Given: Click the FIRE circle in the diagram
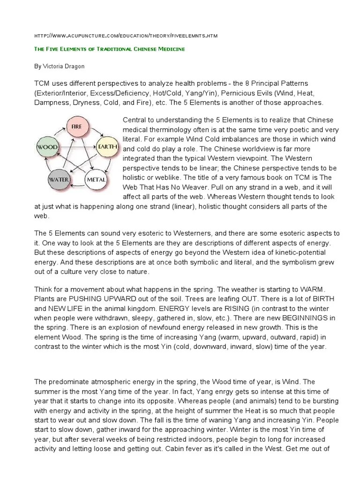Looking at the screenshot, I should [x=77, y=127].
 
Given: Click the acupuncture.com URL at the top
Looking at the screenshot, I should [x=126, y=36].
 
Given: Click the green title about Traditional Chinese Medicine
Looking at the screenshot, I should [x=110, y=49].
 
